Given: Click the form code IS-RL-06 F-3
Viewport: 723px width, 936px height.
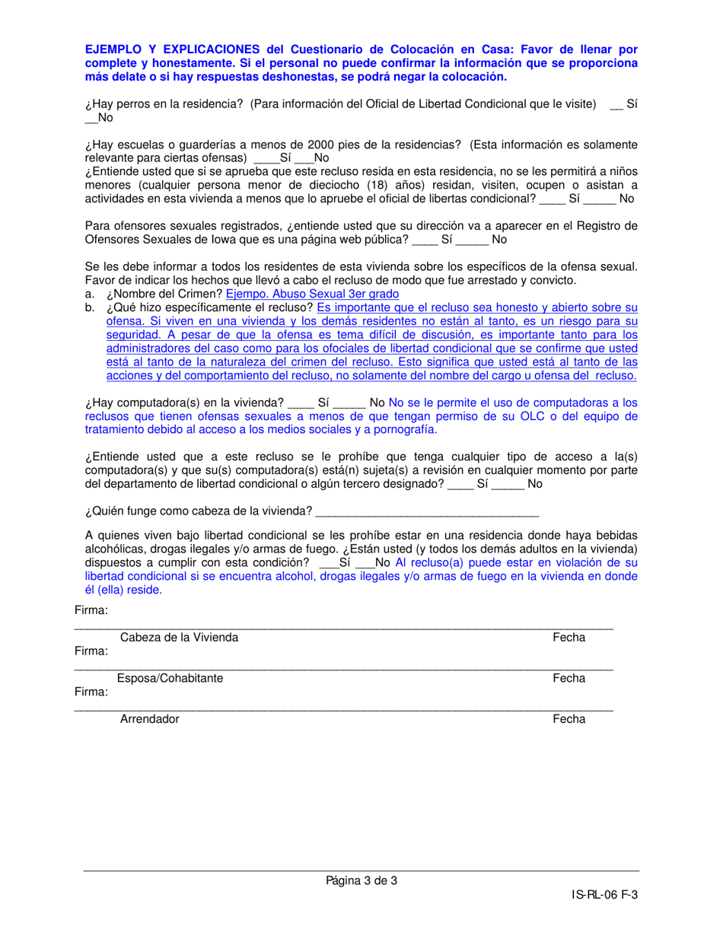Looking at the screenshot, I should click(604, 896).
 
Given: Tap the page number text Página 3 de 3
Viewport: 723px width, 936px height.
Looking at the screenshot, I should click(361, 881).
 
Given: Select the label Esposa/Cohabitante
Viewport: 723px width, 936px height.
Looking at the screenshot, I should click(170, 678).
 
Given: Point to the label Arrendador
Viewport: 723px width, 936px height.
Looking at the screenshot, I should click(149, 718).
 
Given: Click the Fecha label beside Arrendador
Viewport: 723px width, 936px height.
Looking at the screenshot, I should click(569, 718).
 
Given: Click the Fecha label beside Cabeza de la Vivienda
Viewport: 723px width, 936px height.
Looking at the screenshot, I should click(569, 638).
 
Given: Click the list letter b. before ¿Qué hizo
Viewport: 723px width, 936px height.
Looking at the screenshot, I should click(91, 307).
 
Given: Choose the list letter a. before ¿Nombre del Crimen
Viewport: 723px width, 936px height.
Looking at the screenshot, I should click(91, 294).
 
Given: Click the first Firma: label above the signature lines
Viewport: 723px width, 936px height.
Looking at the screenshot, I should click(91, 611).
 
